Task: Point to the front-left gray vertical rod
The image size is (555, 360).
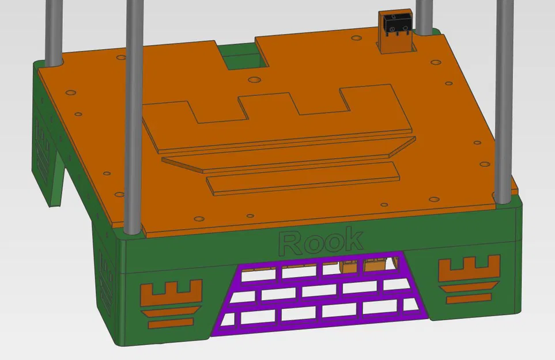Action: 133,115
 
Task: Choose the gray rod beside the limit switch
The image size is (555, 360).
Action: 425,17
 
